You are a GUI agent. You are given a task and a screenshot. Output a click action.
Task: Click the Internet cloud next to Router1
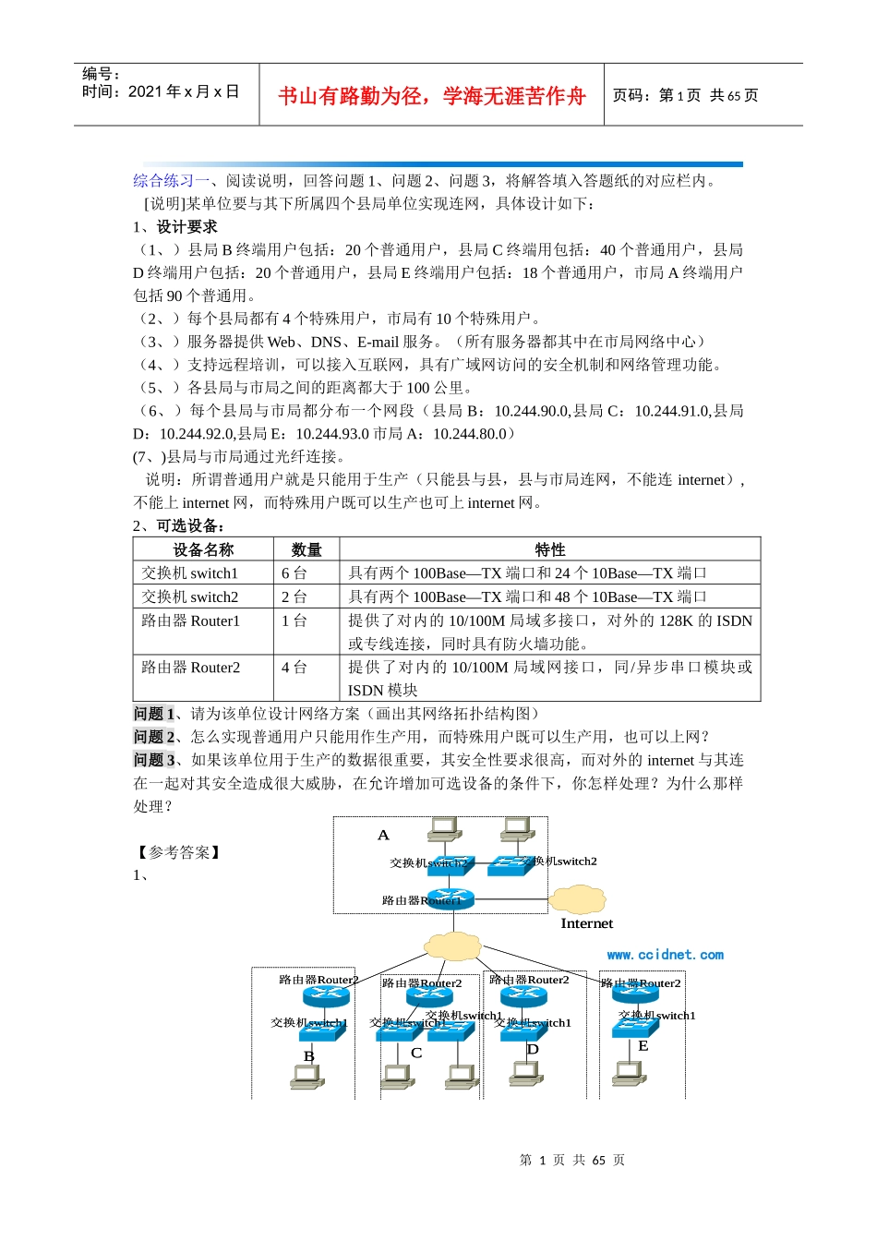point(577,898)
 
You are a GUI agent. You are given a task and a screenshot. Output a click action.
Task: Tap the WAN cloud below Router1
point(452,946)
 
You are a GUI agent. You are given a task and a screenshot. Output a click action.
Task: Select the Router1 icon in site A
point(451,899)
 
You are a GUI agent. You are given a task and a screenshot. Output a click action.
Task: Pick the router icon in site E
point(635,995)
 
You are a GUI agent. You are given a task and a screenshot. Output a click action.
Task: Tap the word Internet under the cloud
point(586,923)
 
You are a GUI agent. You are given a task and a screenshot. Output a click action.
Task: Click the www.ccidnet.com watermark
point(665,955)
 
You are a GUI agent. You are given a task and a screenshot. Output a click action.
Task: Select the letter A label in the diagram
point(383,835)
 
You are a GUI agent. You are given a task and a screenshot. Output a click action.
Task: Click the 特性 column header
point(550,549)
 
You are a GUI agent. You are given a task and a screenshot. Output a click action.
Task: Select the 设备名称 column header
point(203,549)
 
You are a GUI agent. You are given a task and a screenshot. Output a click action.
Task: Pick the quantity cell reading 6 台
point(294,573)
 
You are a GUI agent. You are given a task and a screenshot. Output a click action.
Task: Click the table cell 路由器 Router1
point(191,620)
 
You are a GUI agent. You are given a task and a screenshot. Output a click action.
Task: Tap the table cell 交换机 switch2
point(190,597)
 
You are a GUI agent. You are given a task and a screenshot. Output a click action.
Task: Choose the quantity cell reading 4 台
point(294,667)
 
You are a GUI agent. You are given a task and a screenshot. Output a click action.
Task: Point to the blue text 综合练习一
point(171,180)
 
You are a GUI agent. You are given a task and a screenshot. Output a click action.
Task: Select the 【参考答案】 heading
point(178,852)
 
